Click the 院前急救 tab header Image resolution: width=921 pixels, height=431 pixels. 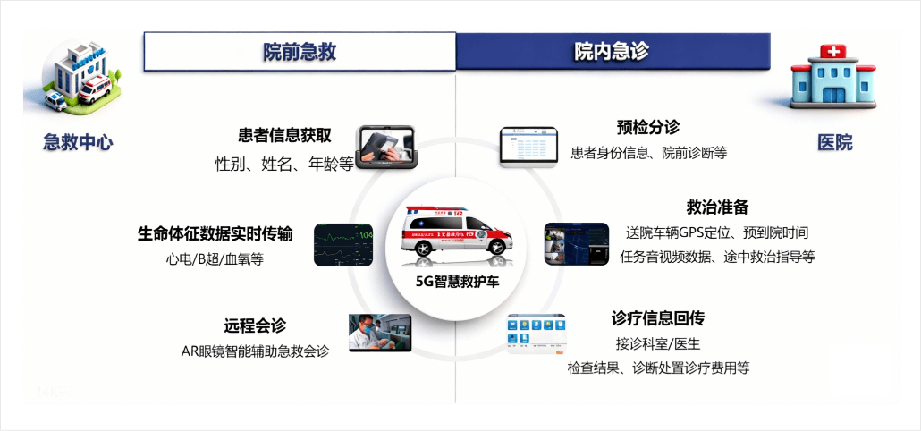point(300,52)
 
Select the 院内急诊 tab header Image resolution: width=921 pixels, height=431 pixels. point(613,52)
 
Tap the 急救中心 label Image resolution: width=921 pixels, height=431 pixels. point(78,141)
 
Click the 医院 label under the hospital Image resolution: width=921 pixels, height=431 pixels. point(835,141)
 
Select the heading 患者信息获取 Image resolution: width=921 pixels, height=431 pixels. point(284,136)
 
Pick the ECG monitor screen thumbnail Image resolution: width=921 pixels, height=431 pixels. point(343,245)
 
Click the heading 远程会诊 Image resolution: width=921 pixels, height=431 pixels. point(255,326)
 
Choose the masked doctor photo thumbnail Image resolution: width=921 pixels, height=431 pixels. point(379,334)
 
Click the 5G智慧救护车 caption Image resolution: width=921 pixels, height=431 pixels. point(458,282)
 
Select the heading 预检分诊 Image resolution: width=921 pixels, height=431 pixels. point(647,128)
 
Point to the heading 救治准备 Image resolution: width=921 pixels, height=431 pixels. point(717,207)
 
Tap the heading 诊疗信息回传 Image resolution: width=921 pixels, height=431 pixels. point(658,318)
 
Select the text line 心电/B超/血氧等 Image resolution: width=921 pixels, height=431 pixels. point(215,259)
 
